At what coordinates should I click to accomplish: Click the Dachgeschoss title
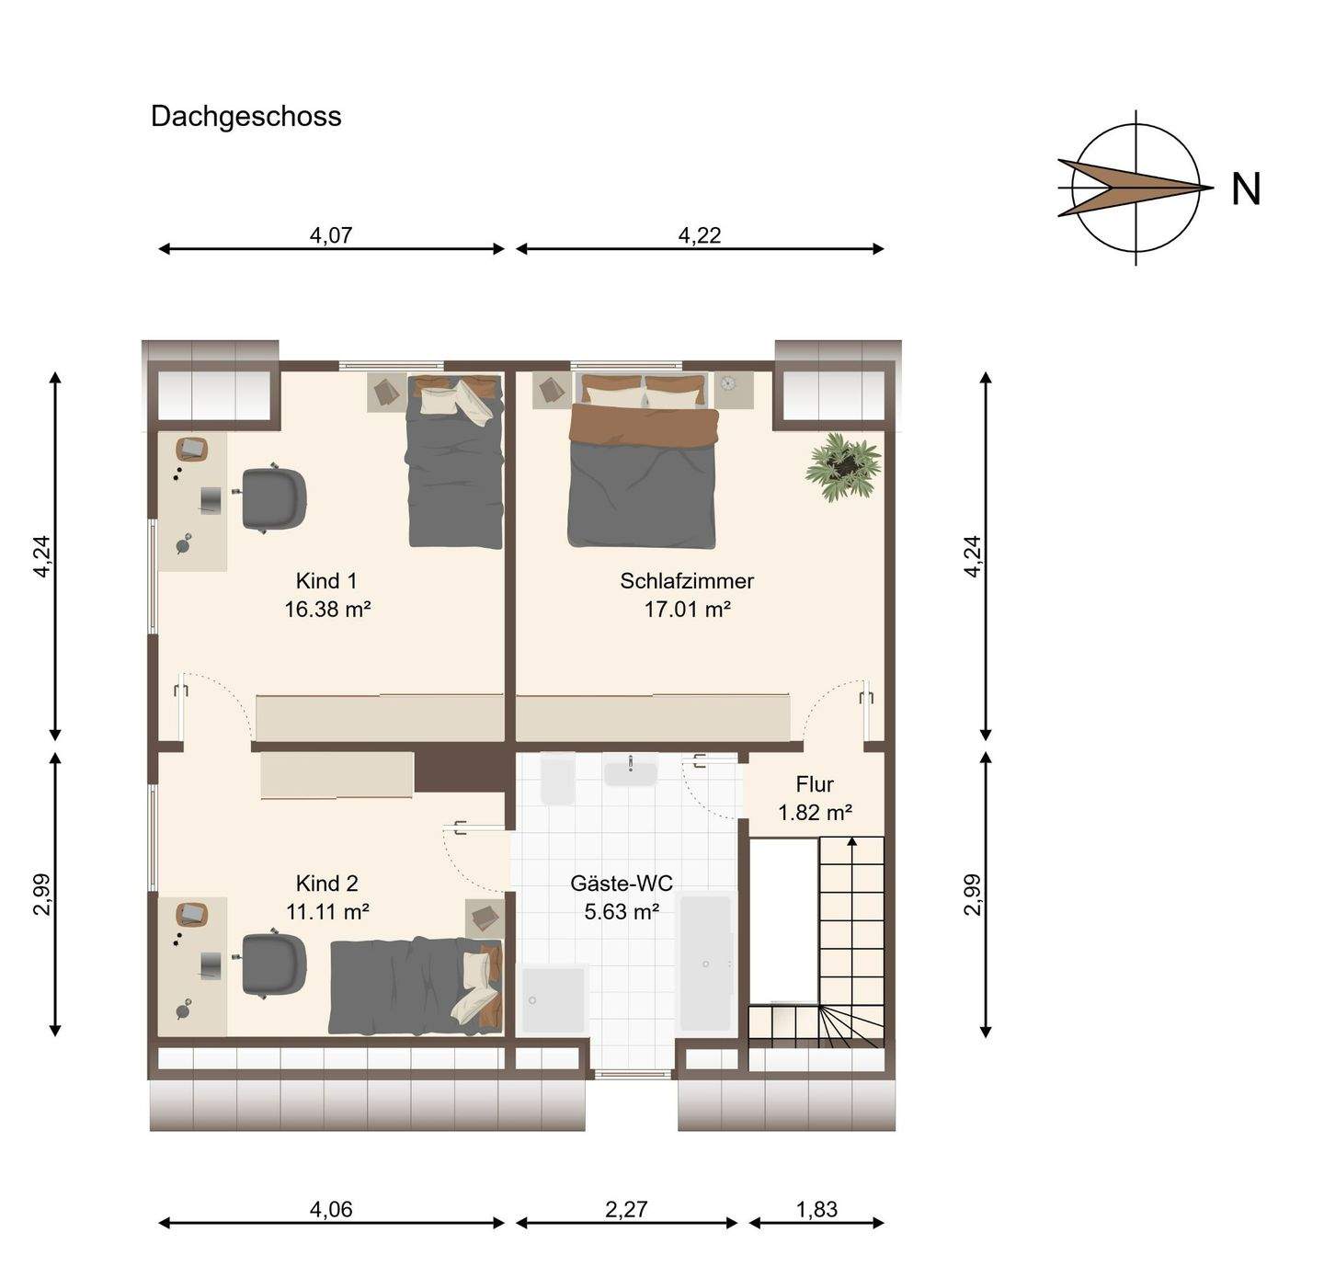pos(245,117)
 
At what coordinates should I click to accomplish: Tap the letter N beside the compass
pos(1246,189)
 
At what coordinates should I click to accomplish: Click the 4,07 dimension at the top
pos(331,235)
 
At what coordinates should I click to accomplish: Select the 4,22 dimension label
pos(700,235)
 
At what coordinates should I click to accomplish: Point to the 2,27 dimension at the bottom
pos(626,1209)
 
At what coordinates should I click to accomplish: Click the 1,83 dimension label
pos(816,1209)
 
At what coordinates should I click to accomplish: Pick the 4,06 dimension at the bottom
pos(331,1209)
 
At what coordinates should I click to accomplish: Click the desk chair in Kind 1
pos(274,499)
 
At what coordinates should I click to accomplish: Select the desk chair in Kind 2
pos(274,963)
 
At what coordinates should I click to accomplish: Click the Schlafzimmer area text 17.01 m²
pos(687,609)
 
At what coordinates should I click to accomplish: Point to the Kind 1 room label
pos(326,581)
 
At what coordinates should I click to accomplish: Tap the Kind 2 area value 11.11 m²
pos(327,911)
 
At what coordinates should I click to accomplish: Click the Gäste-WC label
pos(622,884)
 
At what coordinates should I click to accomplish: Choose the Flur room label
pos(815,784)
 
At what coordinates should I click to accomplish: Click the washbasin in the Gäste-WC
pos(631,771)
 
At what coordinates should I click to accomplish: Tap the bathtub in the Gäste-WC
pos(705,963)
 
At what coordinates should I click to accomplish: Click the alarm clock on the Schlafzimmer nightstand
pos(728,383)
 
